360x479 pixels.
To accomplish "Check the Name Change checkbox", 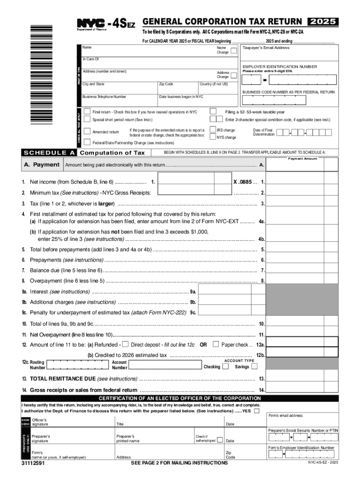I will tap(233, 52).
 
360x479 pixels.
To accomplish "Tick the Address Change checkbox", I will tap(233, 76).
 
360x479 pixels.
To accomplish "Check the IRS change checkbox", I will tap(213, 130).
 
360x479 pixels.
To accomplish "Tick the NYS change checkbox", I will tap(213, 137).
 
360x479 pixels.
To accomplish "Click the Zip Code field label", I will tap(166, 84).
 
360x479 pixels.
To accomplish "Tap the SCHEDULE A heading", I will tap(50, 152).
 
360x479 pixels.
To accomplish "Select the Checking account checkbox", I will tap(225, 367).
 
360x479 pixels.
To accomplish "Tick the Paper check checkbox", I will tap(216, 344).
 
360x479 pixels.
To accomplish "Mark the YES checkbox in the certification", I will tap(256, 411).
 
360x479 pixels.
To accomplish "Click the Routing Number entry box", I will tap(78, 364).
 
